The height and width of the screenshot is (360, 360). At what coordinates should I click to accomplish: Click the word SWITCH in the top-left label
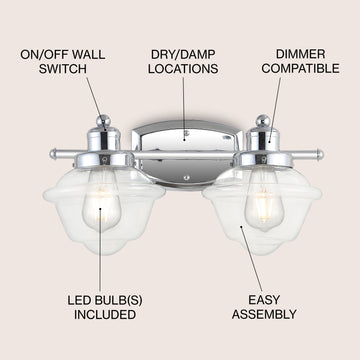(x=62, y=69)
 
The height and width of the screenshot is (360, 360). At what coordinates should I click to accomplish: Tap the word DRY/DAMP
(x=183, y=54)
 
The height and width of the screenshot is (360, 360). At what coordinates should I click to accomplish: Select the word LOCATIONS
(x=183, y=69)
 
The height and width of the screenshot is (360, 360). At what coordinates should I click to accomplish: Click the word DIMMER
(x=300, y=54)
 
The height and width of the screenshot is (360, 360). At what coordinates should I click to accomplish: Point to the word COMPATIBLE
(x=300, y=69)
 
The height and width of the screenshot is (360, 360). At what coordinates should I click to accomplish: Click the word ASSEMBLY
(x=264, y=314)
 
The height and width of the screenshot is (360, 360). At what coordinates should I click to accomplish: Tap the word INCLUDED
(x=105, y=314)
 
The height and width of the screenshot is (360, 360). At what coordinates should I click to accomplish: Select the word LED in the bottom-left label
(x=78, y=300)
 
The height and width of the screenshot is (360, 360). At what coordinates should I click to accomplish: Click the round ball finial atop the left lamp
(x=103, y=121)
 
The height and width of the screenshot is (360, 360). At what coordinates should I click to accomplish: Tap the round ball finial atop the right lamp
(x=263, y=121)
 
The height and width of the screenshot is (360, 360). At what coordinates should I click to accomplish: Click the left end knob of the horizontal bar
(x=53, y=154)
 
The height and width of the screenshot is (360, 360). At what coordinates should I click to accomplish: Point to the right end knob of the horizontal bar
(x=320, y=154)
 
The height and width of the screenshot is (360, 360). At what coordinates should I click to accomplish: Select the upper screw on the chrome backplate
(x=187, y=133)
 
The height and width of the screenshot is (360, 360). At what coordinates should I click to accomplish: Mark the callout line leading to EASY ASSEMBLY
(x=252, y=259)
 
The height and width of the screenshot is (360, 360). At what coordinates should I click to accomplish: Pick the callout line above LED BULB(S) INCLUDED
(x=99, y=250)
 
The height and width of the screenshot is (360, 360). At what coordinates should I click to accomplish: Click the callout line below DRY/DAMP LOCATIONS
(x=183, y=108)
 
